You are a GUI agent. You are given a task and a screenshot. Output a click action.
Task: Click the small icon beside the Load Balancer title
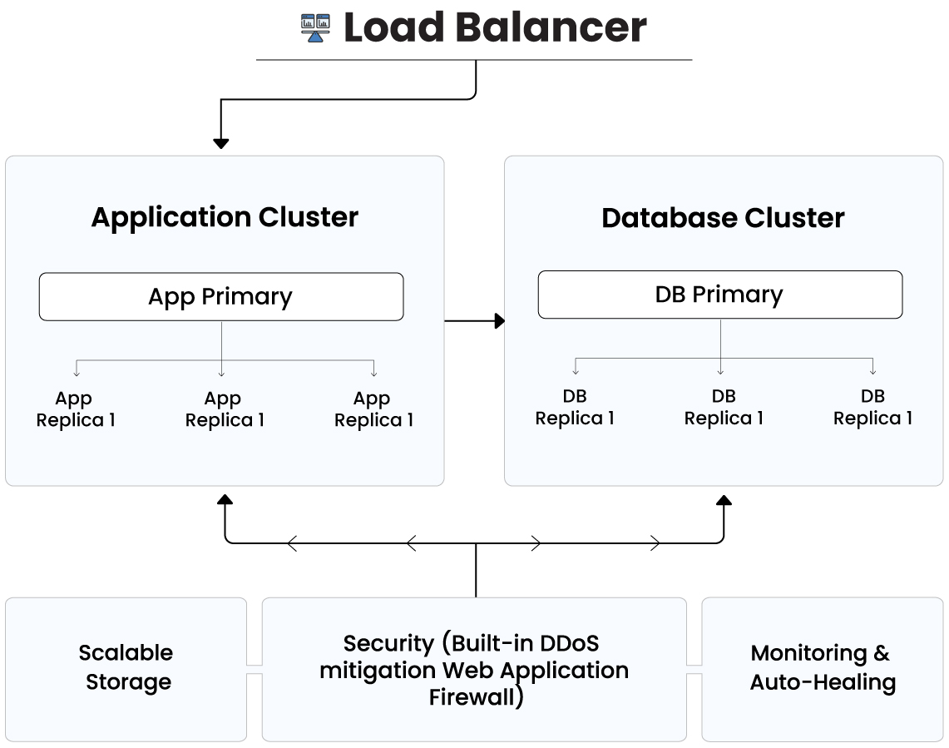pos(315,27)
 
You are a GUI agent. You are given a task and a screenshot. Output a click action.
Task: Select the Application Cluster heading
pos(225,217)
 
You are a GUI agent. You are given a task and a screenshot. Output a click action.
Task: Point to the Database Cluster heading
pos(723,218)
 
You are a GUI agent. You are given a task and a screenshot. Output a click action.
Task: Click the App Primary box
pos(221,297)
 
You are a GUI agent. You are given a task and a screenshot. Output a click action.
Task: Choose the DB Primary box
pos(720,295)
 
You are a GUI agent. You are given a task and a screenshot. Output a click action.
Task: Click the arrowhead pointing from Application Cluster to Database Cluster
pos(499,320)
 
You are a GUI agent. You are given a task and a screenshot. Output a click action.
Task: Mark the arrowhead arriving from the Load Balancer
pos(220,143)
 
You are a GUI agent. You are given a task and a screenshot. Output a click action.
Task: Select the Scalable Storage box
pos(126,668)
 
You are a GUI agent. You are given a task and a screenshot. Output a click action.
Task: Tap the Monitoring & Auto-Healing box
pos(823,668)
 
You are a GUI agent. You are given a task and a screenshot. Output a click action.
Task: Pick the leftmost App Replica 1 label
pos(75,409)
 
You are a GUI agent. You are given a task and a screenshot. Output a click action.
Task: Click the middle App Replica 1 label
pos(224,409)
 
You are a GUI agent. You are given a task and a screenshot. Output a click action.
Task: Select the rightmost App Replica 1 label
pos(373,409)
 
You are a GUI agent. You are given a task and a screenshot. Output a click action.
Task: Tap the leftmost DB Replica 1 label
pos(575,407)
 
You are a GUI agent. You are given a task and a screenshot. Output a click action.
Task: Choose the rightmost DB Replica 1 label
pos(872,407)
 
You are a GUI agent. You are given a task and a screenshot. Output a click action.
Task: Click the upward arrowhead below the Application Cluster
pos(225,500)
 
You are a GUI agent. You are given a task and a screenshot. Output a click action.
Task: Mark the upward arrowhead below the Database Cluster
pos(724,500)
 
